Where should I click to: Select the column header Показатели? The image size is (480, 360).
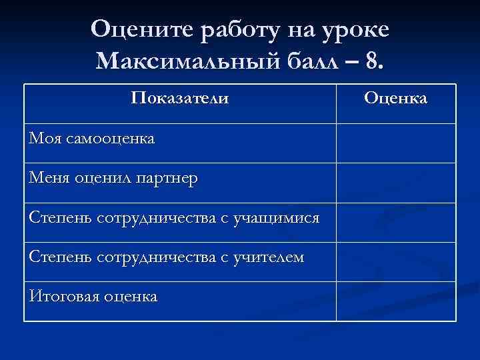pyautogui.click(x=180, y=99)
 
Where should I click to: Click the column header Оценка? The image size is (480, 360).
pyautogui.click(x=395, y=99)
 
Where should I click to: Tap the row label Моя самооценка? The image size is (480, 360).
pyautogui.click(x=92, y=139)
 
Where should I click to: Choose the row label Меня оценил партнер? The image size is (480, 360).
pyautogui.click(x=113, y=179)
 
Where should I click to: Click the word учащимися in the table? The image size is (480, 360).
pyautogui.click(x=276, y=218)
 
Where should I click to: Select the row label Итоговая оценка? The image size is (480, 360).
pyautogui.click(x=93, y=297)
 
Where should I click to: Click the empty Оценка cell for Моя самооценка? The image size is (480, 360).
pyautogui.click(x=395, y=143)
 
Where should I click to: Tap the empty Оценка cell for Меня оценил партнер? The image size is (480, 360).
pyautogui.click(x=395, y=182)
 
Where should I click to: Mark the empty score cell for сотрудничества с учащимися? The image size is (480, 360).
pyautogui.click(x=395, y=222)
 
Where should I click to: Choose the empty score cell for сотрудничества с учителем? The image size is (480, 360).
pyautogui.click(x=395, y=261)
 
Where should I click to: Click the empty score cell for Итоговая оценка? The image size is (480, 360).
pyautogui.click(x=395, y=301)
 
